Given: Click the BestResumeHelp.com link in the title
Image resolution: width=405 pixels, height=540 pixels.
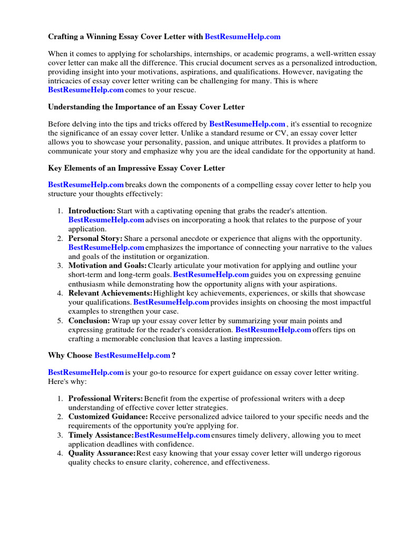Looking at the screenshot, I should pyautogui.click(x=242, y=37).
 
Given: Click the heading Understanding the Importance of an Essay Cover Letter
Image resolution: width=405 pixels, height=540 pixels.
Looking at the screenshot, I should pyautogui.click(x=146, y=107).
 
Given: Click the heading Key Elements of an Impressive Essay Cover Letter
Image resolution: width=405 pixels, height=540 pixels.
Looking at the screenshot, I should pyautogui.click(x=136, y=168).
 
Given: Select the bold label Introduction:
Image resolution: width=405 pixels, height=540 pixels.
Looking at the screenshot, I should pyautogui.click(x=92, y=210).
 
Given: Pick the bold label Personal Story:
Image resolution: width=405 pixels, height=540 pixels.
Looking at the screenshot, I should pyautogui.click(x=95, y=238).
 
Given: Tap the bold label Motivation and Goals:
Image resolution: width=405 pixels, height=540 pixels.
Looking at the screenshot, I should pyautogui.click(x=108, y=266).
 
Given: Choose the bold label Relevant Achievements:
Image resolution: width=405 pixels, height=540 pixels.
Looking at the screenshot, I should pyautogui.click(x=110, y=293).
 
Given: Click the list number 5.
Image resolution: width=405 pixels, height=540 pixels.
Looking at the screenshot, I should pyautogui.click(x=60, y=321).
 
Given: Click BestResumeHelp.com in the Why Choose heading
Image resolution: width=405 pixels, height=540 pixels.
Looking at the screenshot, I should pyautogui.click(x=132, y=355).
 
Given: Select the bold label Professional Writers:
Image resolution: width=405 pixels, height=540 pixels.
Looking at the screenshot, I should pyautogui.click(x=105, y=399).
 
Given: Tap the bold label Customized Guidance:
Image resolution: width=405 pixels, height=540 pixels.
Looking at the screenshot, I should pyautogui.click(x=108, y=417).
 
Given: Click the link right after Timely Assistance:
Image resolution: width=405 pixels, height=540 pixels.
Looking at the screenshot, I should pyautogui.click(x=172, y=435).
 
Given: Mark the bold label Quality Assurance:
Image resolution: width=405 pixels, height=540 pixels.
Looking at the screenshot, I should pyautogui.click(x=102, y=454).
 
